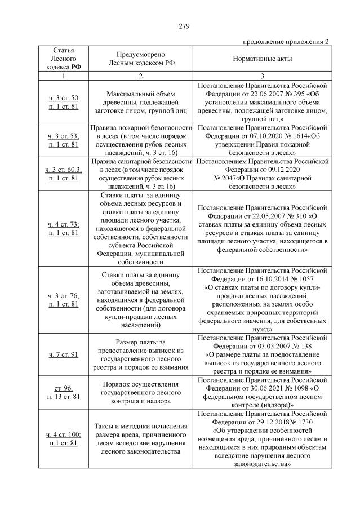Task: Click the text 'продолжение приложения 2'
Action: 286,42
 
